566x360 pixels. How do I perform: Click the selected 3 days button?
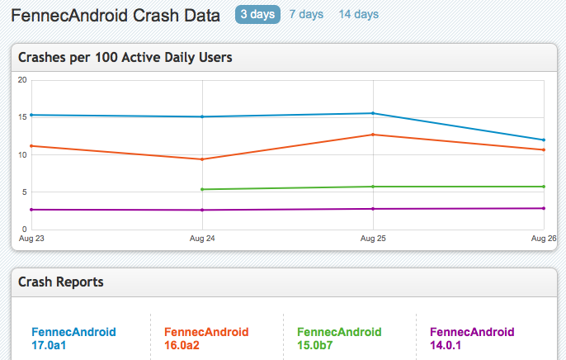pyautogui.click(x=257, y=14)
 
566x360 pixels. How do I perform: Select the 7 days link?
pyautogui.click(x=306, y=14)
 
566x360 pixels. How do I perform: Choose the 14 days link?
pyautogui.click(x=358, y=14)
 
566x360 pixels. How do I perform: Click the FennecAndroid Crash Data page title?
pyautogui.click(x=116, y=16)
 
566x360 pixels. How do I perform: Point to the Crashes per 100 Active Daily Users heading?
pyautogui.click(x=125, y=58)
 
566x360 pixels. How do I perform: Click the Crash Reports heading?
pyautogui.click(x=61, y=282)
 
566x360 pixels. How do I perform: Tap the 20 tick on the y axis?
pyautogui.click(x=22, y=80)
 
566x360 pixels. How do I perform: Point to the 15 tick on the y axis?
pyautogui.click(x=22, y=117)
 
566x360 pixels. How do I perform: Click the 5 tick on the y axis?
pyautogui.click(x=25, y=192)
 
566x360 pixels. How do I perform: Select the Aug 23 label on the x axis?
pyautogui.click(x=31, y=239)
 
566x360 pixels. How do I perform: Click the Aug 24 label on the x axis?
pyautogui.click(x=202, y=239)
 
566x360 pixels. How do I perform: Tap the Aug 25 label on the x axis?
pyautogui.click(x=373, y=239)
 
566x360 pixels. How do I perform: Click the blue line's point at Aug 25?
pyautogui.click(x=373, y=113)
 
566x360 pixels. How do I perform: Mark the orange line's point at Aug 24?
pyautogui.click(x=202, y=159)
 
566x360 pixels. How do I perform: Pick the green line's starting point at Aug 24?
pyautogui.click(x=202, y=189)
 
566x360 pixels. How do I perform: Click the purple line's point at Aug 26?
pyautogui.click(x=544, y=208)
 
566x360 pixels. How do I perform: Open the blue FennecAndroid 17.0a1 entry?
pyautogui.click(x=73, y=339)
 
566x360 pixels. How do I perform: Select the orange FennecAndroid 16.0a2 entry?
pyautogui.click(x=206, y=339)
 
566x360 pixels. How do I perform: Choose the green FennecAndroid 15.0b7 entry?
pyautogui.click(x=339, y=339)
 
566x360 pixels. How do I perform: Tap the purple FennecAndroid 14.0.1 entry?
pyautogui.click(x=472, y=339)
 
